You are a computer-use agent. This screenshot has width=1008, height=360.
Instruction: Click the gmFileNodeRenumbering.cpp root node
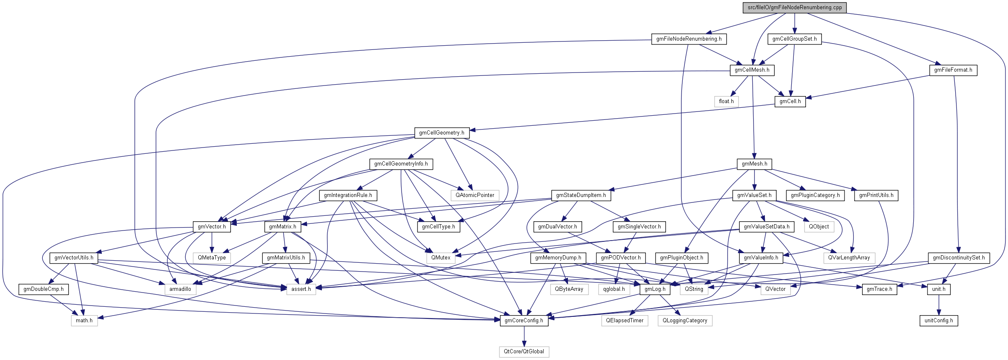[795, 8]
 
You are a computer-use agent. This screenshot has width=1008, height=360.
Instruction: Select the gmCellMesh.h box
[752, 70]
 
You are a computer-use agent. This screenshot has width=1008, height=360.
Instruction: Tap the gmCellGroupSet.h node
[794, 39]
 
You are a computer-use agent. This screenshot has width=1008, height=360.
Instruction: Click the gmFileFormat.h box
[953, 70]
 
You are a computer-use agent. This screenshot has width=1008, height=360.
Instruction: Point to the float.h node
[726, 101]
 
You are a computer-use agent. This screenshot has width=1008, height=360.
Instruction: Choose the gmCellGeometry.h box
[441, 133]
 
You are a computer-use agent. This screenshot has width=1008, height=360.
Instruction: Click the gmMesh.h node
[754, 164]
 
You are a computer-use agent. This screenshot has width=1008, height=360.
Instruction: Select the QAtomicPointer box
[475, 195]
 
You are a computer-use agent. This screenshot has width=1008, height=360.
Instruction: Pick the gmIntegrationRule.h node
[348, 195]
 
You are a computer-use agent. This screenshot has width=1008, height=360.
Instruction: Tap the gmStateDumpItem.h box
[580, 195]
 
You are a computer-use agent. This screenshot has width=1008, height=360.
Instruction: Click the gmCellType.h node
[438, 227]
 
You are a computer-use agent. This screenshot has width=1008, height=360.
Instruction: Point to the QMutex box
[441, 258]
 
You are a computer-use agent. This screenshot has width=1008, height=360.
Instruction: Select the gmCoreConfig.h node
[524, 321]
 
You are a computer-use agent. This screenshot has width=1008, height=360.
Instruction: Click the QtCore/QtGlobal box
[524, 352]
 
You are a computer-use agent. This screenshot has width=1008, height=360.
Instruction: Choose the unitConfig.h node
[938, 321]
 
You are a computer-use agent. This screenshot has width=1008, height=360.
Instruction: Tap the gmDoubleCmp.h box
[44, 289]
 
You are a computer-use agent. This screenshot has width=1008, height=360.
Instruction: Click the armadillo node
[180, 289]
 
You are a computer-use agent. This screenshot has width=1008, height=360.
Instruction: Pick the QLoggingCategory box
[685, 321]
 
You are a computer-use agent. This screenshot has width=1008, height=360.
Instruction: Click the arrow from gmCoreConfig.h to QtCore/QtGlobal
[524, 336]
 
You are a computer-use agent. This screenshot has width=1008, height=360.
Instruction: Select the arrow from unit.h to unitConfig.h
[938, 305]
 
